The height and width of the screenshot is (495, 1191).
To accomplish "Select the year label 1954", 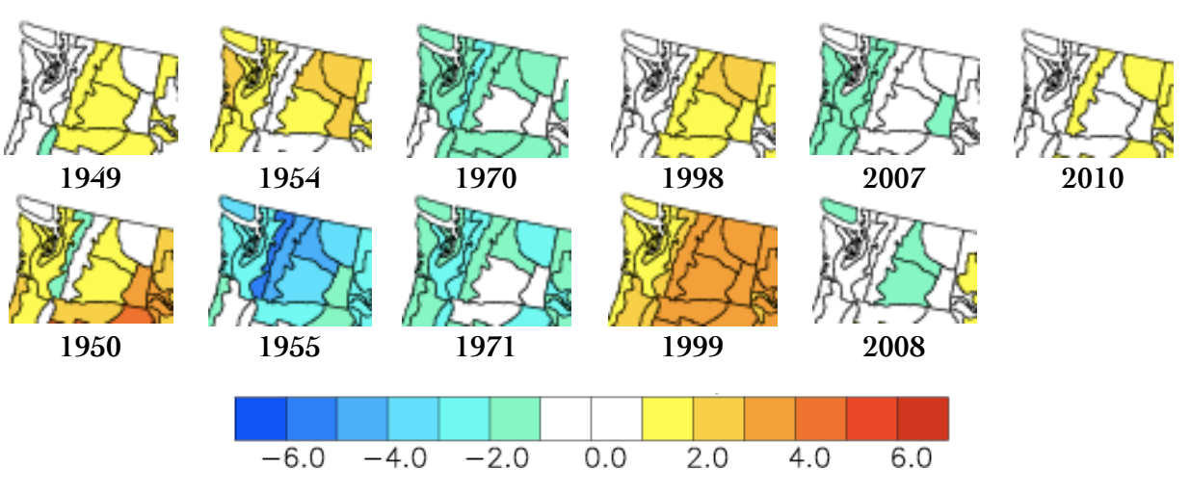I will coord(290,178).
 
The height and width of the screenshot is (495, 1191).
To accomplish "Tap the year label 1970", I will coord(486,178).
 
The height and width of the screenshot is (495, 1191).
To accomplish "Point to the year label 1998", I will coord(693,178).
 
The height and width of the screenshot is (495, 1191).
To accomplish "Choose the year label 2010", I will coord(1092,178).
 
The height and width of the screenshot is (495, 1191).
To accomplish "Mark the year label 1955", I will coord(290,347).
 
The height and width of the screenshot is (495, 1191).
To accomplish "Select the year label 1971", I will coord(486,347).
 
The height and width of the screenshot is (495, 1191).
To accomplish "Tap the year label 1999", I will coord(693,347).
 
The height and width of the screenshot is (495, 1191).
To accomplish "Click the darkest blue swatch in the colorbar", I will coord(261,418).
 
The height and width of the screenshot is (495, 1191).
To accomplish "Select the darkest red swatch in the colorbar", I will coord(923,418).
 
